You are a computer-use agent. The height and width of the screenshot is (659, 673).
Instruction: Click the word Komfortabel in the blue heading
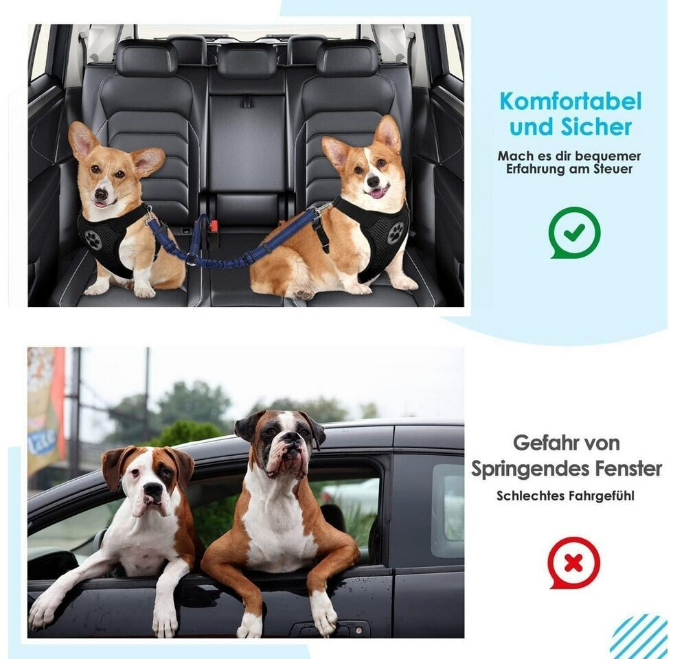pyautogui.click(x=571, y=102)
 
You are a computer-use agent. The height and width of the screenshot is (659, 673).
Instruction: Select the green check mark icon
pyautogui.click(x=574, y=233)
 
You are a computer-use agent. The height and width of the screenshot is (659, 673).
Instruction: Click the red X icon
pyautogui.click(x=574, y=563)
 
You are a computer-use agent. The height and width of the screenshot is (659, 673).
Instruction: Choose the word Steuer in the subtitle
pyautogui.click(x=612, y=169)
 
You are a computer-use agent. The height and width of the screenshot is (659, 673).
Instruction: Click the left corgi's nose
pyautogui.click(x=101, y=194)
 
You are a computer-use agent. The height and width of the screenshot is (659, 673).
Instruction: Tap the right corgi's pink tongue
pyautogui.click(x=378, y=194)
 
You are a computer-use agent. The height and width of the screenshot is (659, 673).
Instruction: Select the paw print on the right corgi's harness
pyautogui.click(x=396, y=233)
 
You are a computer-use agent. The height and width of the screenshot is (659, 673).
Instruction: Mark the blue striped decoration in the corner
pyautogui.click(x=639, y=636)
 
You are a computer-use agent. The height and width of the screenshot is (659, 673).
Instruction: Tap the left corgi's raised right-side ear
pyautogui.click(x=148, y=161)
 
